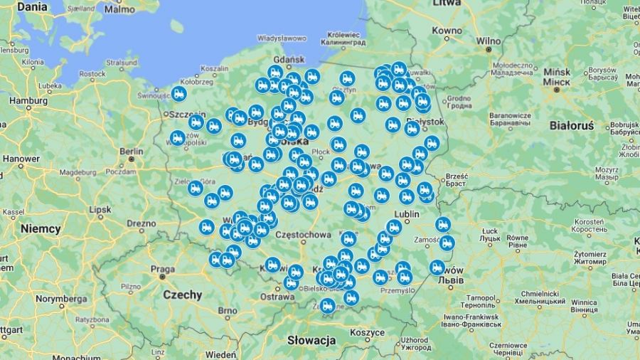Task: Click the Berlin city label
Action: pyautogui.click(x=131, y=151)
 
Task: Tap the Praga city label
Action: pyautogui.click(x=163, y=270)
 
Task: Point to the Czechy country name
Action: pyautogui.click(x=182, y=295)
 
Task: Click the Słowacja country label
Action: pyautogui.click(x=311, y=340)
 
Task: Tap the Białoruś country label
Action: pyautogui.click(x=571, y=125)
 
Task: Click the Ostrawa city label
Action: pyautogui.click(x=277, y=297)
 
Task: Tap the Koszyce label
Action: pyautogui.click(x=367, y=332)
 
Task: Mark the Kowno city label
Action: pyautogui.click(x=447, y=31)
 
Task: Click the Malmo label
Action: pyautogui.click(x=119, y=9)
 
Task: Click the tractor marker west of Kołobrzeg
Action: pyautogui.click(x=179, y=94)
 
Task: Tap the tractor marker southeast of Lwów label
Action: pyautogui.click(x=437, y=268)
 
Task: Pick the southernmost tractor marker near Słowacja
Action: pyautogui.click(x=327, y=305)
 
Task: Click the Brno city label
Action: pyautogui.click(x=228, y=311)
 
